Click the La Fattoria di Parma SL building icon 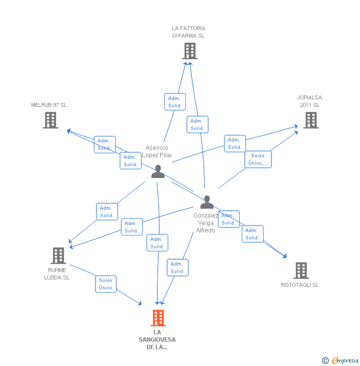click(189, 51)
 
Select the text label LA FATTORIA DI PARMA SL click(188, 32)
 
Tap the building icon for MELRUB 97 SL click(50, 120)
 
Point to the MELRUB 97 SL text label click(49, 105)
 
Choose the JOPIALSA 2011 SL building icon click(311, 120)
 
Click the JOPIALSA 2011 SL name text click(310, 101)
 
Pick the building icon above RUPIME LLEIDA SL click(58, 256)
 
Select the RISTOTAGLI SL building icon click(301, 271)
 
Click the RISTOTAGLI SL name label click(300, 285)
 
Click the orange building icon click(158, 318)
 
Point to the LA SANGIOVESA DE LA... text click(157, 339)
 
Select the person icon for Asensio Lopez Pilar click(158, 171)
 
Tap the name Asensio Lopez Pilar click(157, 151)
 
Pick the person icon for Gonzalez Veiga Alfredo click(207, 202)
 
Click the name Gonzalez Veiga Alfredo click(206, 223)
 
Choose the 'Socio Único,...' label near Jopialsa click(258, 159)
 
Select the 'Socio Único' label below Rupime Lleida click(105, 284)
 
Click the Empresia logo click(345, 361)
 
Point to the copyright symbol click(325, 361)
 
